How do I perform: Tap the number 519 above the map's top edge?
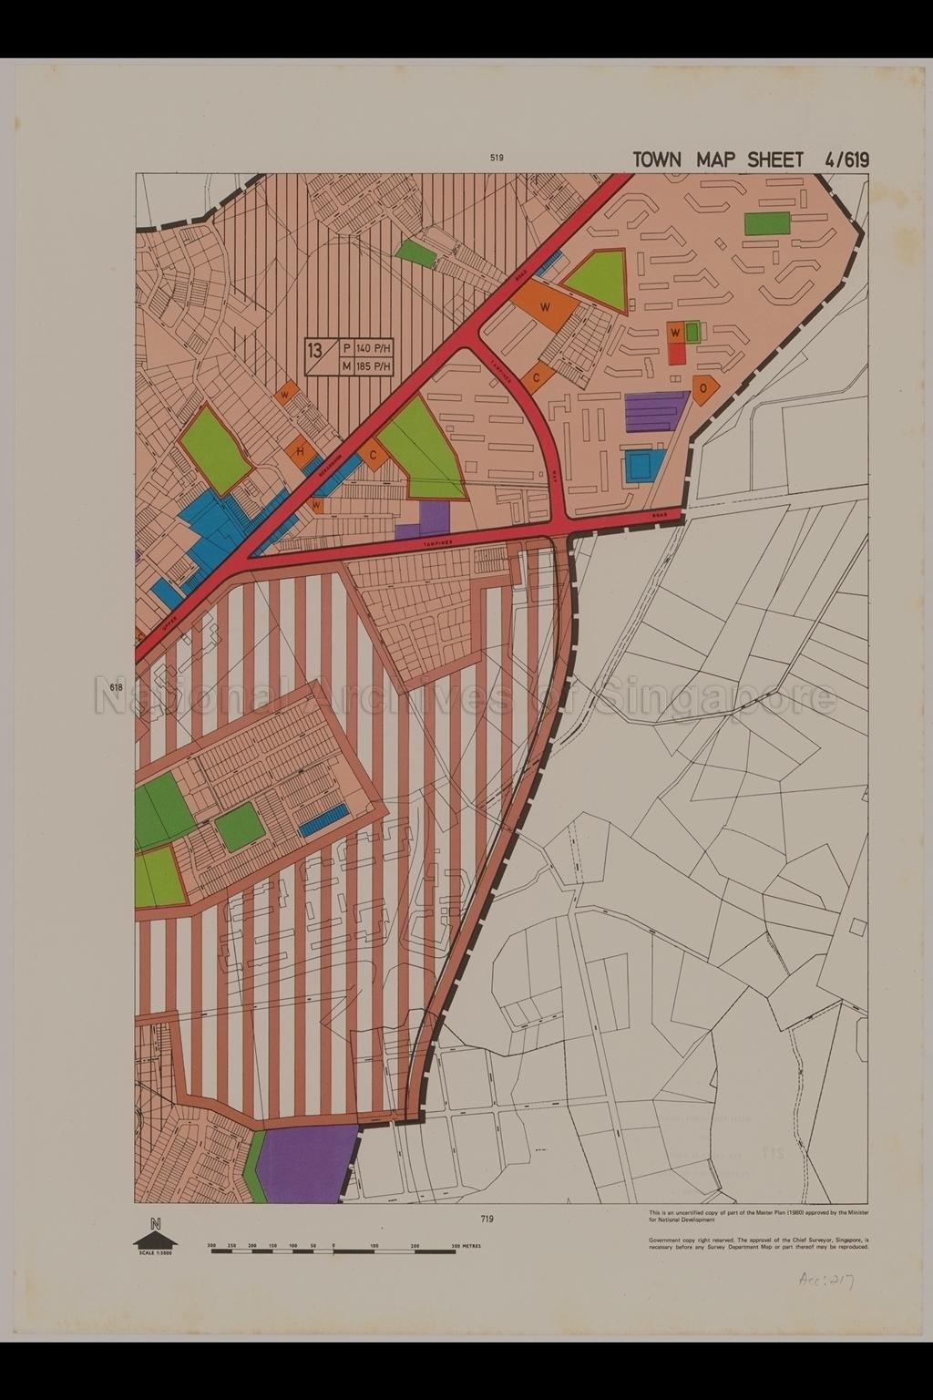click(x=497, y=158)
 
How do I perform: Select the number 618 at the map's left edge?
click(x=117, y=687)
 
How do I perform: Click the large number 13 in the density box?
click(x=315, y=351)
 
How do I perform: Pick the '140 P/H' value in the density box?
click(x=373, y=348)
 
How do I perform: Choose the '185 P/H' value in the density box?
click(x=373, y=366)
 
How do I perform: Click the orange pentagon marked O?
click(x=704, y=386)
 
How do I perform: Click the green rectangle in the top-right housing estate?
click(x=767, y=223)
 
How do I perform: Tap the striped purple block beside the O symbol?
click(x=655, y=411)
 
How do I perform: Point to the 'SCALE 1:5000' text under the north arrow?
click(x=156, y=1254)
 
